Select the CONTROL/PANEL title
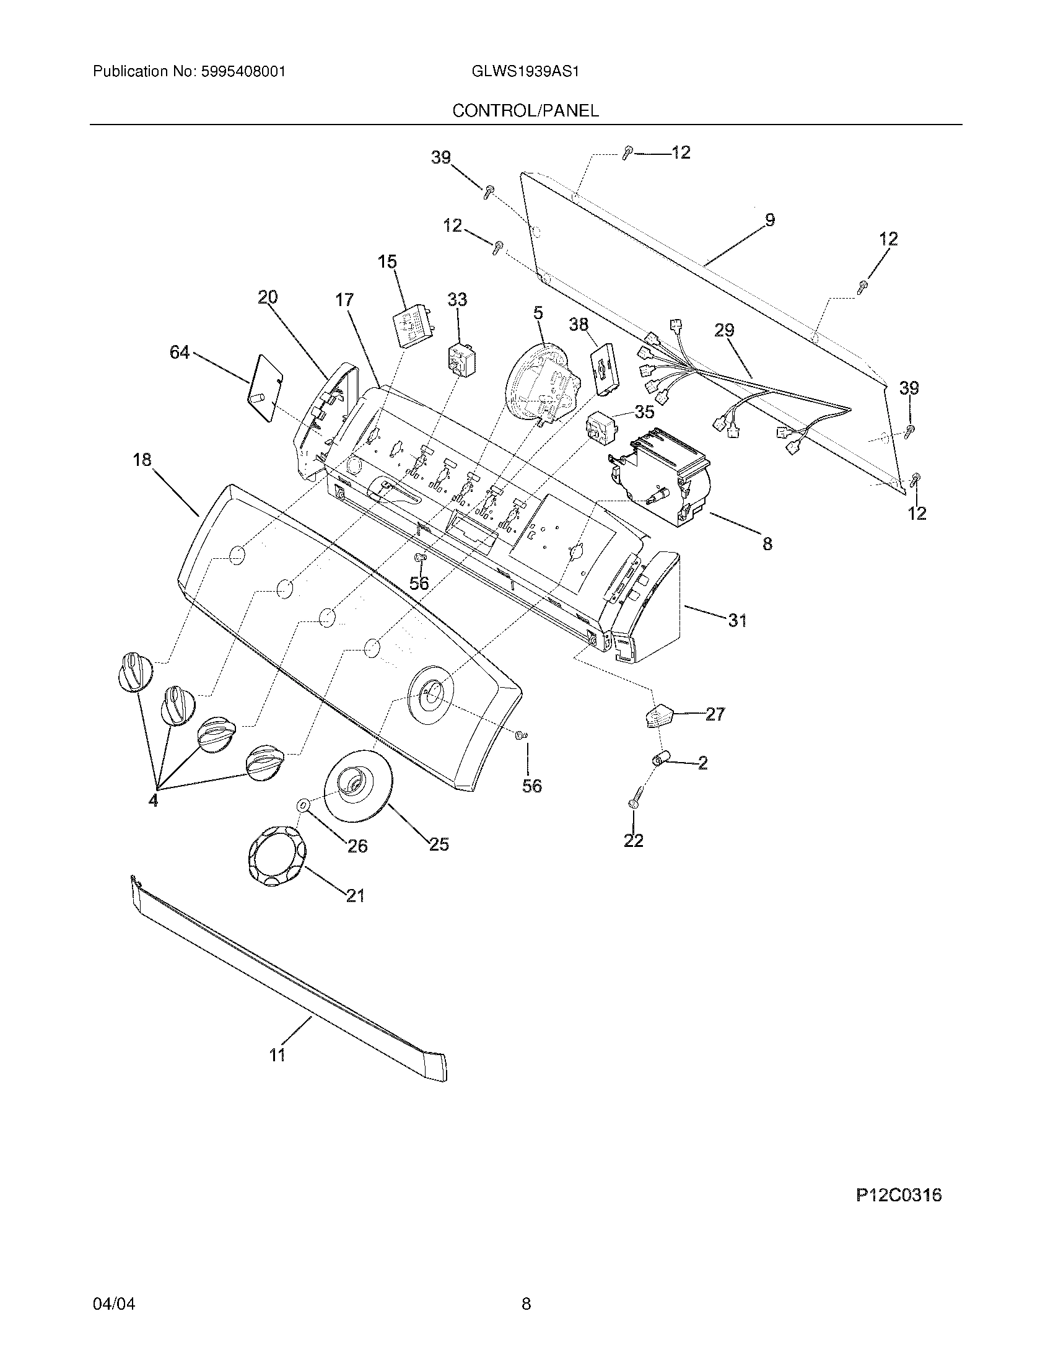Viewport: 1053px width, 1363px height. pos(525,111)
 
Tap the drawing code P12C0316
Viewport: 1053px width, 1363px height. pos(898,1195)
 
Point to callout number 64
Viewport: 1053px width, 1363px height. pos(180,353)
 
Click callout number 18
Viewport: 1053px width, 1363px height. pos(142,460)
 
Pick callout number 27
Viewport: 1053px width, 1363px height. pos(715,714)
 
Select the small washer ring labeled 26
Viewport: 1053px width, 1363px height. pos(302,805)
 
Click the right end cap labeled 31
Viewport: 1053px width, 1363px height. pos(649,607)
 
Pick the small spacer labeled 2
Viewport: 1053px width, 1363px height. pos(659,760)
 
